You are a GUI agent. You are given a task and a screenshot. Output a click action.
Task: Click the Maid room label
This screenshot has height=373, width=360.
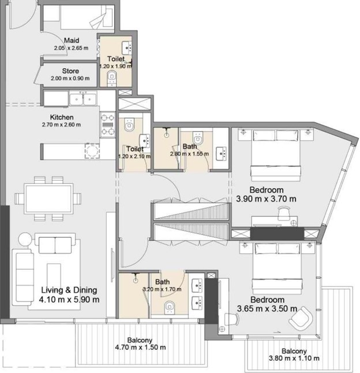(72, 40)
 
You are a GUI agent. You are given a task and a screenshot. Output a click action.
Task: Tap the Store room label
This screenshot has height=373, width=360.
(70, 71)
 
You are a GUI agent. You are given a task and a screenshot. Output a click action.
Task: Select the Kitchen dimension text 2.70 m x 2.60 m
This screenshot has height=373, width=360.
(61, 125)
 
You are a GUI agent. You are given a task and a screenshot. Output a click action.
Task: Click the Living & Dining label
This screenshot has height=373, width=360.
(69, 290)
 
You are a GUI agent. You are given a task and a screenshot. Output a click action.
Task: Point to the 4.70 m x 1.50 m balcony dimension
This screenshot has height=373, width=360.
(140, 348)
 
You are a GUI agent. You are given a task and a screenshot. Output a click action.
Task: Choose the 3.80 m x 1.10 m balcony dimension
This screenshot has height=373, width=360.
(294, 358)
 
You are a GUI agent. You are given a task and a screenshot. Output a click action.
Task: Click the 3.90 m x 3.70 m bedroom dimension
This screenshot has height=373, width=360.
(266, 199)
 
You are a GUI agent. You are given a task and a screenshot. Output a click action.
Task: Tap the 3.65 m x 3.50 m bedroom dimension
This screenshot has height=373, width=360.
(267, 309)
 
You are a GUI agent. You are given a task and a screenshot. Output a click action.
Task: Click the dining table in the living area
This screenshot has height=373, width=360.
(48, 199)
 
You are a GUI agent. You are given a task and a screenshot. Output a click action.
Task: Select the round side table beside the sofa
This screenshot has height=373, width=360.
(25, 239)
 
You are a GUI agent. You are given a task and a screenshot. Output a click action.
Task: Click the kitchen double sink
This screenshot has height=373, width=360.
(83, 99)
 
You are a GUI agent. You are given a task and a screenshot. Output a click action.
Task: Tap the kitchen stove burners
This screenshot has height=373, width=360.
(108, 125)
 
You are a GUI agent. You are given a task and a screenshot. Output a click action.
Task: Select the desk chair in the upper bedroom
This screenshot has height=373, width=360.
(284, 213)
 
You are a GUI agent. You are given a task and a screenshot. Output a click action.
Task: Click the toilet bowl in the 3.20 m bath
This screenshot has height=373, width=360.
(169, 307)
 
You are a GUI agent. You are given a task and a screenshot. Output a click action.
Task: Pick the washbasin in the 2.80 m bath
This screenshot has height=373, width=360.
(221, 154)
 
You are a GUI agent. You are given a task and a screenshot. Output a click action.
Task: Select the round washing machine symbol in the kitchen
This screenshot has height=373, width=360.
(92, 151)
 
